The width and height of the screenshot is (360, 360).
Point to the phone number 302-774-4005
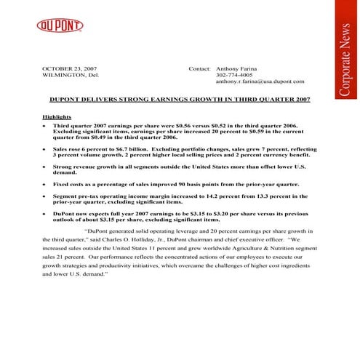click(x=234, y=75)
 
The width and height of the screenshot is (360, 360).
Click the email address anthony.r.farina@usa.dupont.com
click(x=260, y=82)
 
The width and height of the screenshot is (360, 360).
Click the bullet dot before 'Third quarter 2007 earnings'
click(x=46, y=126)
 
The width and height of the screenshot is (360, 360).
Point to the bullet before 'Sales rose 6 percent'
click(x=46, y=148)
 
